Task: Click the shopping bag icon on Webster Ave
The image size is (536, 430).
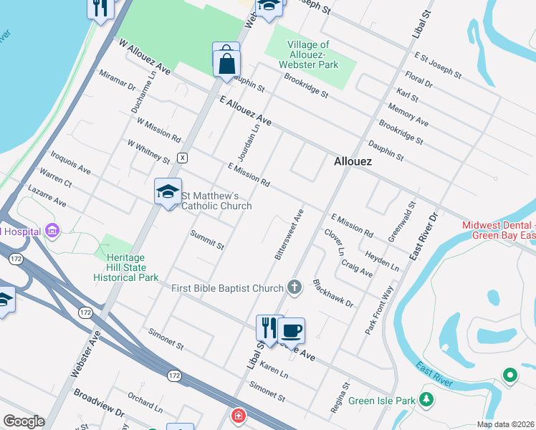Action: [x=226, y=62]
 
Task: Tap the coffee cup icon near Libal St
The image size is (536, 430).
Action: [x=291, y=330]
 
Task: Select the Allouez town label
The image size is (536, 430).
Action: [x=353, y=162]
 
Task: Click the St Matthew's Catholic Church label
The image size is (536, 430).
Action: [x=216, y=201]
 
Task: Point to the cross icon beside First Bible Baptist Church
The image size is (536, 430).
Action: [x=294, y=287]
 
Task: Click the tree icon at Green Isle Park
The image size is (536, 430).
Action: [x=426, y=398]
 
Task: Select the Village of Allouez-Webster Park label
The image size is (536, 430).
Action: [x=312, y=54]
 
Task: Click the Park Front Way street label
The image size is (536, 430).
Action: [x=380, y=310]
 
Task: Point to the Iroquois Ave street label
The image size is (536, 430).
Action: [x=70, y=163]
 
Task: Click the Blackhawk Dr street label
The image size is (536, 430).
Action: [x=333, y=294]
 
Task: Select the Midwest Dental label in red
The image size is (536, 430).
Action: [x=499, y=229]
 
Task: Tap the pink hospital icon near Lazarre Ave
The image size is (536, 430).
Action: [x=52, y=231]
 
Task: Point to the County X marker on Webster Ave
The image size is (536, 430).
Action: [x=183, y=157]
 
